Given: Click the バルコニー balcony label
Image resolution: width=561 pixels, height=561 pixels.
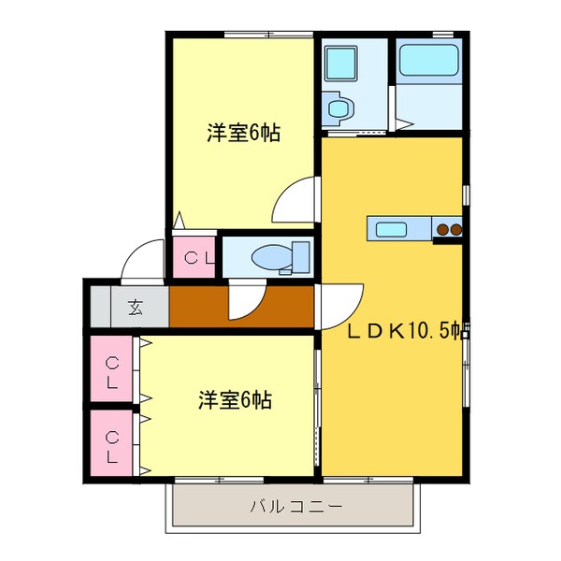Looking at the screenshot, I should pos(295,507).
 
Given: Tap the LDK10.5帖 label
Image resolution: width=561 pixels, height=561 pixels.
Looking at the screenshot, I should pos(408,330).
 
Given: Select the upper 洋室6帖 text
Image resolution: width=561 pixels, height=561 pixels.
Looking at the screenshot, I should pos(243,133).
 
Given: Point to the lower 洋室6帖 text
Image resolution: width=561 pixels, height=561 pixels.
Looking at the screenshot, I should pos(235,401).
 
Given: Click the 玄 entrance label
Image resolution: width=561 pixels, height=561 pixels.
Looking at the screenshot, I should pos(137,306).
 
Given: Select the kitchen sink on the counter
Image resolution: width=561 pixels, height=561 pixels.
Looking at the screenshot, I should pos(388,228).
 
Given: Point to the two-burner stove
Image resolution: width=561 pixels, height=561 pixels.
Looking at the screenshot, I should pos(449,228).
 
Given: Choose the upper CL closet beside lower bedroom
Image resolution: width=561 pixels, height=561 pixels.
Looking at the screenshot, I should pos(112,372).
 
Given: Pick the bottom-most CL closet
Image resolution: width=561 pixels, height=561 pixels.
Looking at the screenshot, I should pos(112,447).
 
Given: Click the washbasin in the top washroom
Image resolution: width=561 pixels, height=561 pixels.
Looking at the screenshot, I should pos(338,108).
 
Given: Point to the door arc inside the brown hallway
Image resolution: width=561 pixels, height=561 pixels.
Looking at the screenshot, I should pos(245,301).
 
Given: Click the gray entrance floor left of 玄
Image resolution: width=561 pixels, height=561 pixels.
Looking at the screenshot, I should pos(100,306).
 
